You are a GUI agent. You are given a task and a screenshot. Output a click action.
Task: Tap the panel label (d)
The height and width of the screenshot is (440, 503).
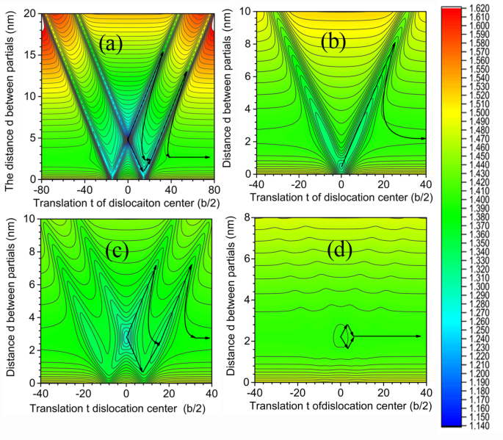click(339, 250)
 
